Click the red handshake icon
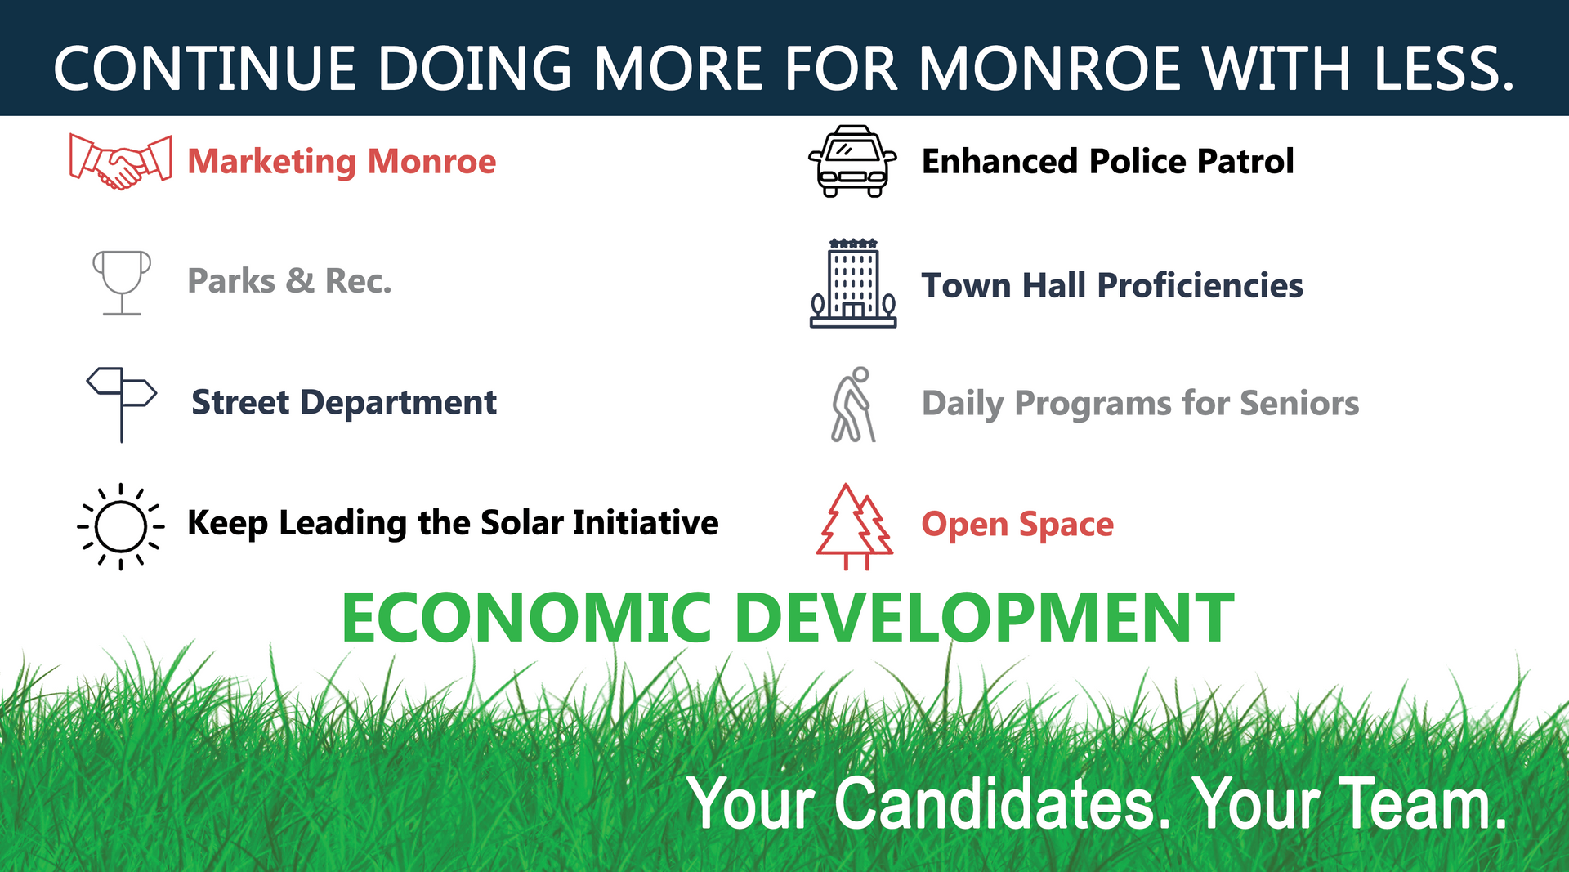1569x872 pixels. [120, 162]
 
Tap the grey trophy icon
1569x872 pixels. [122, 282]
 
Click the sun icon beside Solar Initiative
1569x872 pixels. [121, 526]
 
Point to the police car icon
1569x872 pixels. [852, 162]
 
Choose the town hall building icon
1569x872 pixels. [853, 284]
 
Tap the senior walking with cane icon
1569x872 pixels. [853, 405]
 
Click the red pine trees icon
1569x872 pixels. [854, 526]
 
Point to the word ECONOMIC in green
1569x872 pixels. [527, 618]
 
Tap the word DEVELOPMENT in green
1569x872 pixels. [985, 618]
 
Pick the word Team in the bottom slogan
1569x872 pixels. [1423, 803]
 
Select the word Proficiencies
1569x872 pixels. [1200, 285]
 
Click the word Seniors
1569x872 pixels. [1299, 403]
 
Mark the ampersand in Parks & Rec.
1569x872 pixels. [300, 281]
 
